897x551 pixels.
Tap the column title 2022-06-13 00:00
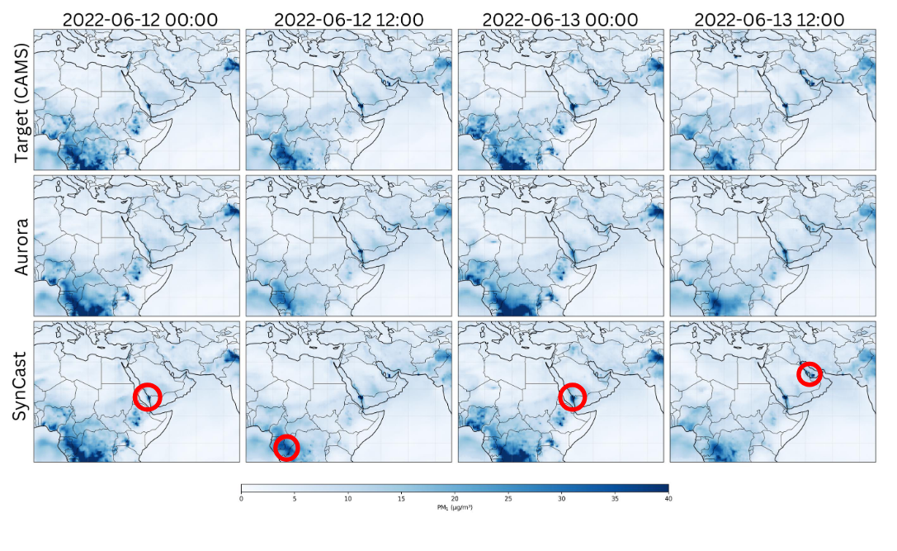[560, 19]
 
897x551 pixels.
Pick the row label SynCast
[20, 392]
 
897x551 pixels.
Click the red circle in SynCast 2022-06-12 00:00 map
[148, 397]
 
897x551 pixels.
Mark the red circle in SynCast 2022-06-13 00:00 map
[572, 397]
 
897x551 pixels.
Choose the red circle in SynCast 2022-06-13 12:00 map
[810, 374]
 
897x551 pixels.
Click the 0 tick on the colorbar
[241, 498]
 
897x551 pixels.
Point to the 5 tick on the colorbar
[295, 498]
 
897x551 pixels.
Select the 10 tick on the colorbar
[348, 498]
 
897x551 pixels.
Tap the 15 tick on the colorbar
[401, 498]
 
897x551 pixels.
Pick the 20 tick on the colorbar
[455, 498]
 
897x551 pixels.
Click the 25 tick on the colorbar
[508, 498]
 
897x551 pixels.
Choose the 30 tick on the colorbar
[562, 498]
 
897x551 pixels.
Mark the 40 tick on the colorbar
[668, 498]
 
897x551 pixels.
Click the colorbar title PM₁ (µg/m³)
[455, 507]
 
